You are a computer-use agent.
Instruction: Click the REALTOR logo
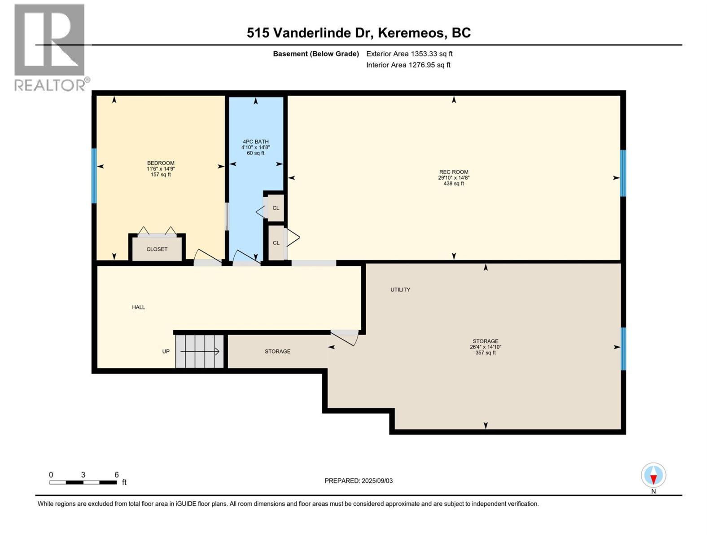[51, 48]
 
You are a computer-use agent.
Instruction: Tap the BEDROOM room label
[161, 163]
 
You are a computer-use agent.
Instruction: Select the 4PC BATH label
[255, 141]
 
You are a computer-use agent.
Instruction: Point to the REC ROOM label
[454, 172]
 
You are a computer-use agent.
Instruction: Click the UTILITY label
[400, 290]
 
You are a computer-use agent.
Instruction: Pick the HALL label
[138, 307]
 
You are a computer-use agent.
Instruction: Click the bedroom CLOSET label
[157, 249]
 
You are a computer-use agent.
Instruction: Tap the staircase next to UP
[200, 351]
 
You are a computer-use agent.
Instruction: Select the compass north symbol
[653, 475]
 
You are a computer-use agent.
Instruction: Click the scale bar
[83, 482]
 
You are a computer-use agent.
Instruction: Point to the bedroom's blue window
[94, 176]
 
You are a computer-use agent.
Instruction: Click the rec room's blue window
[623, 173]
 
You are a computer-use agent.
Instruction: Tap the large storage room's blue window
[623, 349]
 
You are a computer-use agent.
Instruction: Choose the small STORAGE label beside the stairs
[277, 352]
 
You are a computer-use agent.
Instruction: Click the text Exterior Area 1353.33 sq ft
[409, 54]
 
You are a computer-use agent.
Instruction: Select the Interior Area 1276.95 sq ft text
[408, 65]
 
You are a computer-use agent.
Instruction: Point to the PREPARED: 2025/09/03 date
[359, 481]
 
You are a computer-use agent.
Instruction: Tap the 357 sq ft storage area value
[486, 353]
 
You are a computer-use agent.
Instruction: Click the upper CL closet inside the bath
[276, 208]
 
